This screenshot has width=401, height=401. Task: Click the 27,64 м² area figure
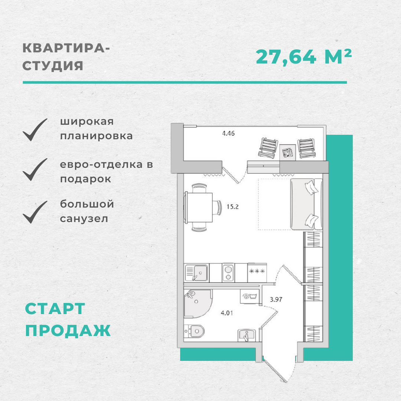(304, 57)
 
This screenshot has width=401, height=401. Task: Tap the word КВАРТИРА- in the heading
(66, 48)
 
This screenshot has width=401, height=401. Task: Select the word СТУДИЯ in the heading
(53, 66)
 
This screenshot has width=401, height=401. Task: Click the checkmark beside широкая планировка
(35, 130)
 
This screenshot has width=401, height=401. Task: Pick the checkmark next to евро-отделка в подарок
(35, 170)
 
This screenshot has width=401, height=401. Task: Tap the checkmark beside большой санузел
(35, 212)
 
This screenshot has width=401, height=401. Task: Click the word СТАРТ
(55, 309)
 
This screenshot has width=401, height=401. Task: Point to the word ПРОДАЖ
(68, 330)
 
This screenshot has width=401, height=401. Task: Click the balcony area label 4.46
(228, 133)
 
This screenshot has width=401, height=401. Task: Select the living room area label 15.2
(232, 207)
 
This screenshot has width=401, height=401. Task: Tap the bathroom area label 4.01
(227, 313)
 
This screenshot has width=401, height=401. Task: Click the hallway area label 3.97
(276, 299)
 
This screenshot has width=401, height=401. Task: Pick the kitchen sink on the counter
(196, 273)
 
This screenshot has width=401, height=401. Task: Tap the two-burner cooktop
(228, 273)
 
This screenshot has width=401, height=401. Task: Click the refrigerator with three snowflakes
(257, 273)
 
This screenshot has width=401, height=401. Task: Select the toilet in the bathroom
(194, 331)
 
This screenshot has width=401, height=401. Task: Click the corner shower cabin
(198, 304)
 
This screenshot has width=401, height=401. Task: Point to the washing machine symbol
(250, 297)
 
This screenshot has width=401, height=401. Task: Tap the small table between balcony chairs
(287, 153)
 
